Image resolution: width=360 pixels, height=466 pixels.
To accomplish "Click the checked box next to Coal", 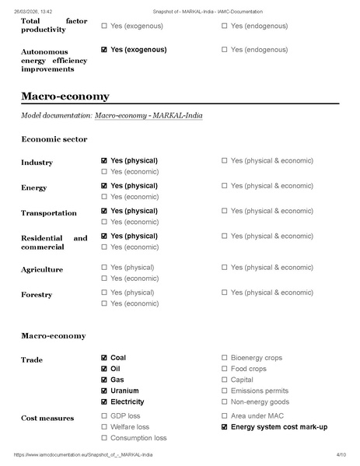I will [x=104, y=358].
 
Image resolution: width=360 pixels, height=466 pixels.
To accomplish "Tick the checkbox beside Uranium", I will [x=104, y=391].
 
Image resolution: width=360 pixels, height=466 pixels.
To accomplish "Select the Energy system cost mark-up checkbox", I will [x=225, y=427].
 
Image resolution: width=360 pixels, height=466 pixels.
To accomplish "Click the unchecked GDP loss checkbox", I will [x=104, y=416].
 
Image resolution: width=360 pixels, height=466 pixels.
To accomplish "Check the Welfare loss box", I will [x=104, y=427].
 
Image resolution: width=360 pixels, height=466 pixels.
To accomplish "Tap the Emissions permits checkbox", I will [x=225, y=391].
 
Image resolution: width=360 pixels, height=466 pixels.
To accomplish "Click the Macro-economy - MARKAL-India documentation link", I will [x=149, y=115].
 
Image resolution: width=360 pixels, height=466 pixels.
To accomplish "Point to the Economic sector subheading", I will [x=54, y=139].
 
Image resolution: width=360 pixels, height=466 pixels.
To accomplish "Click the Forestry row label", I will [x=37, y=296].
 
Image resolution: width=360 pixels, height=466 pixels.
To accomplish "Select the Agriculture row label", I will [x=42, y=270].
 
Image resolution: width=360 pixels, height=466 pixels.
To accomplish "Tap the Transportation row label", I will [x=48, y=213].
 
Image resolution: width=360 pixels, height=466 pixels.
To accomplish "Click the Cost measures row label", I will [x=47, y=419].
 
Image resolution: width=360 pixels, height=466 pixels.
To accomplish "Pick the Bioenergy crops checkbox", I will [x=225, y=358].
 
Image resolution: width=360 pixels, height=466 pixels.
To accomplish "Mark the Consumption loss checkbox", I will [x=104, y=438].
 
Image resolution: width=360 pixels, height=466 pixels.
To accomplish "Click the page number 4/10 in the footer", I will [x=341, y=454].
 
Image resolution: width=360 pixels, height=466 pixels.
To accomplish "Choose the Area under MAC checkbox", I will [x=225, y=416].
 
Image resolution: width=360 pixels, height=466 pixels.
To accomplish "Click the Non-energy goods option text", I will [x=260, y=402].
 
